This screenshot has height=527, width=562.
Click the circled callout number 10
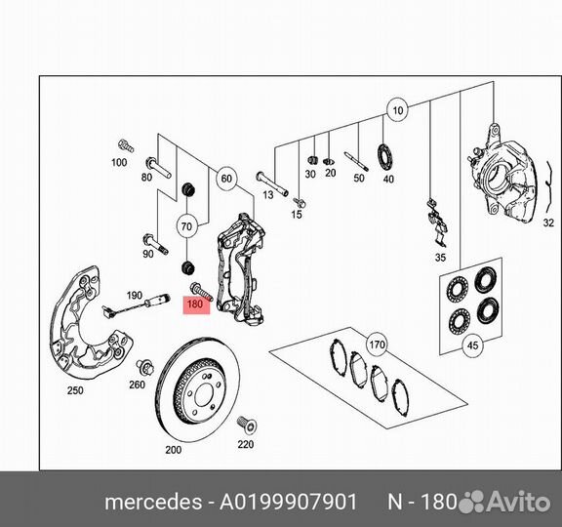[x=396, y=110]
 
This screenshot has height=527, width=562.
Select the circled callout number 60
[x=226, y=179]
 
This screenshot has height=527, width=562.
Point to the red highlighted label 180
[x=194, y=304]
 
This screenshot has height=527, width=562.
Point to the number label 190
[x=135, y=296]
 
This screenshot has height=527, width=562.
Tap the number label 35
[x=440, y=258]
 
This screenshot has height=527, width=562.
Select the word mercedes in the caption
[x=146, y=502]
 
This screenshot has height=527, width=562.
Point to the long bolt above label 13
[x=271, y=182]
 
